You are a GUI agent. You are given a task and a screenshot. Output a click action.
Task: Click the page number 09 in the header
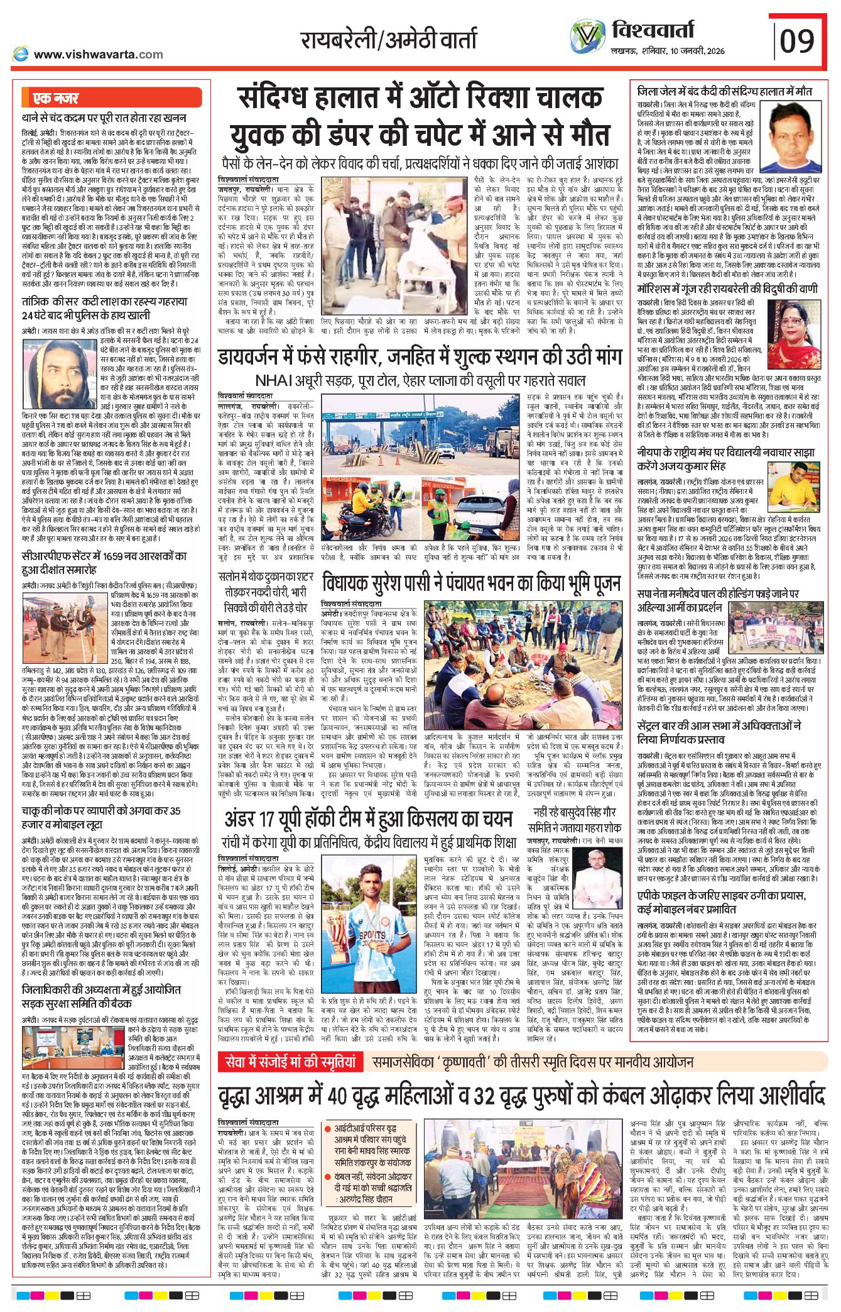[x=797, y=41]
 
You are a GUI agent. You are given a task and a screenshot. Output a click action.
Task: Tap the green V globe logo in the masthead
[x=587, y=37]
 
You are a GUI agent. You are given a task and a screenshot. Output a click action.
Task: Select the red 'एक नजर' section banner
[x=56, y=98]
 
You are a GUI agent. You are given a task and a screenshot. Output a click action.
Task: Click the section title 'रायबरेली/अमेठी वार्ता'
[x=389, y=40]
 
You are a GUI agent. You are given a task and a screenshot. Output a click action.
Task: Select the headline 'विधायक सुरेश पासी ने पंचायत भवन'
[x=471, y=583]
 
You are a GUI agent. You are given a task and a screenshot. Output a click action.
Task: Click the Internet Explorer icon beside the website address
[x=20, y=54]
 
